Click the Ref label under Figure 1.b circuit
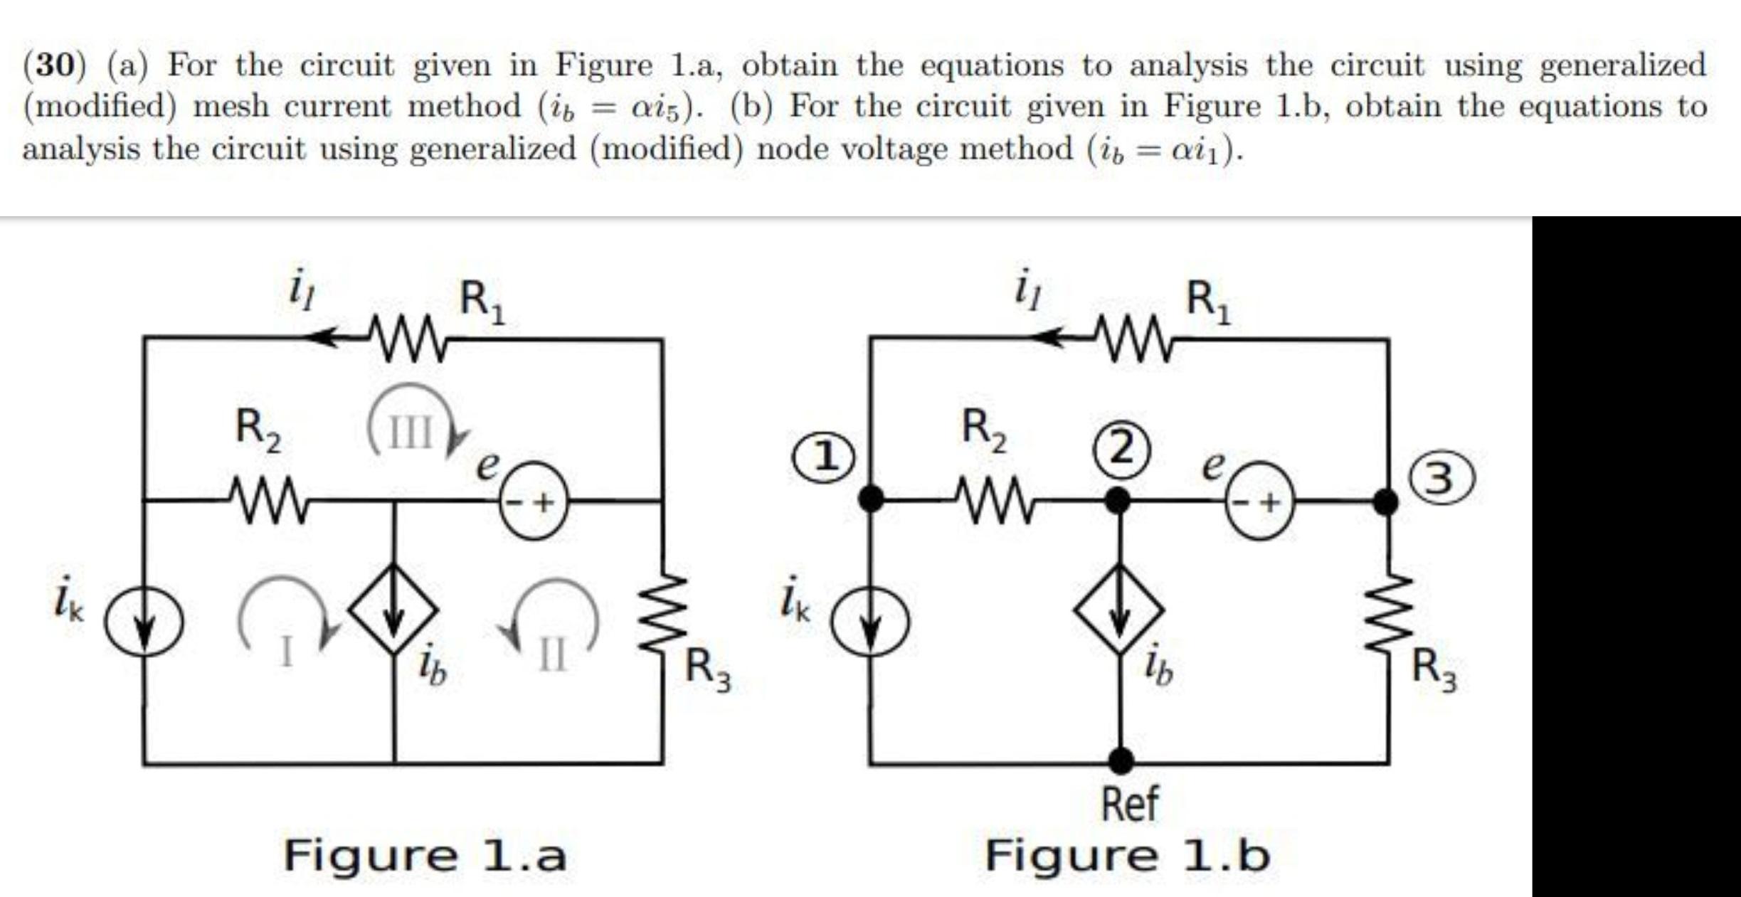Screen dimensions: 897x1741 coord(1129,804)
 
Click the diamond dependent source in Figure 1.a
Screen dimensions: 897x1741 coord(393,610)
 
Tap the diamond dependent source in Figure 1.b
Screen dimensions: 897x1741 coord(1119,610)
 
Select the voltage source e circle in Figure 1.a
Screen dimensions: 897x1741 coord(534,501)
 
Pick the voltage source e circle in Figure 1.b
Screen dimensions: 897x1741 coord(1259,501)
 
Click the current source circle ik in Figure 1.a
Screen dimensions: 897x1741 coord(144,622)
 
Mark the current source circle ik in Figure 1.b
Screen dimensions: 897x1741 coord(870,622)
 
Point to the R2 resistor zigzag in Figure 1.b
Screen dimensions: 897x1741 coord(994,500)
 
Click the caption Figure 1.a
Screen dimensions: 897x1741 coord(425,855)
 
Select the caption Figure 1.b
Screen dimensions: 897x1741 coord(1128,855)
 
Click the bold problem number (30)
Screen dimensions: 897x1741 coord(54,65)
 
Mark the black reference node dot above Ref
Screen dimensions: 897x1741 coord(1121,761)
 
